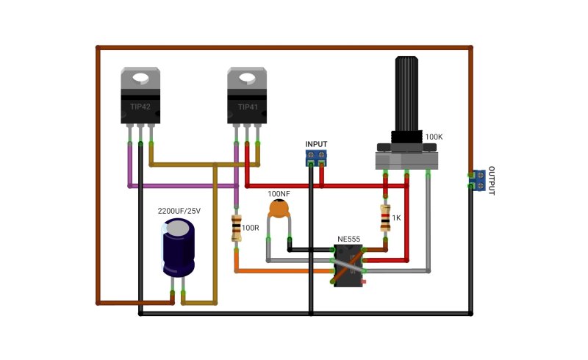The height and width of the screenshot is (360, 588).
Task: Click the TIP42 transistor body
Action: tap(140, 96)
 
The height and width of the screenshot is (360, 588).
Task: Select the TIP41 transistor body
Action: tap(247, 96)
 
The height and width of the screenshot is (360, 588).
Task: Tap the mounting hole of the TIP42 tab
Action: tap(140, 78)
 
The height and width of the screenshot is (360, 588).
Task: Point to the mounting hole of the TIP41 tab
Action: tap(247, 78)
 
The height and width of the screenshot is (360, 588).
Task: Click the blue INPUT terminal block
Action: tap(316, 157)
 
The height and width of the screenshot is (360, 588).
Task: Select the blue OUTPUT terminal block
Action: tap(477, 180)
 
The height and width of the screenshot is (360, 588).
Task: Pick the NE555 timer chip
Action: tap(348, 265)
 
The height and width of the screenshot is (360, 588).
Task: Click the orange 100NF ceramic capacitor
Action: tap(279, 209)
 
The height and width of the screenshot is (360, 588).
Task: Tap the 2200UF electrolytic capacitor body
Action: tap(179, 248)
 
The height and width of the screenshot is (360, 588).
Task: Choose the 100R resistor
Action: tap(236, 228)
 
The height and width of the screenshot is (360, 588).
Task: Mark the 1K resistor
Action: tap(385, 217)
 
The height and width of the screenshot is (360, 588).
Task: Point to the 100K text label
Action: tap(434, 137)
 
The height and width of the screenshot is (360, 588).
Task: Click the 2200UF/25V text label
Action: tap(179, 211)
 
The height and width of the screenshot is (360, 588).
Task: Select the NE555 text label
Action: tap(348, 239)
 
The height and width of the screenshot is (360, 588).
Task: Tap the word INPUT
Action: tap(316, 144)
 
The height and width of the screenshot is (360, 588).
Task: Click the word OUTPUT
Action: tap(491, 181)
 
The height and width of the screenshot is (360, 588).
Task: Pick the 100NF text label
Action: tap(279, 194)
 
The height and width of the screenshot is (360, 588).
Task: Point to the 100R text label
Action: tap(250, 228)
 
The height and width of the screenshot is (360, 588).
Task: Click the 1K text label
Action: tap(396, 218)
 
